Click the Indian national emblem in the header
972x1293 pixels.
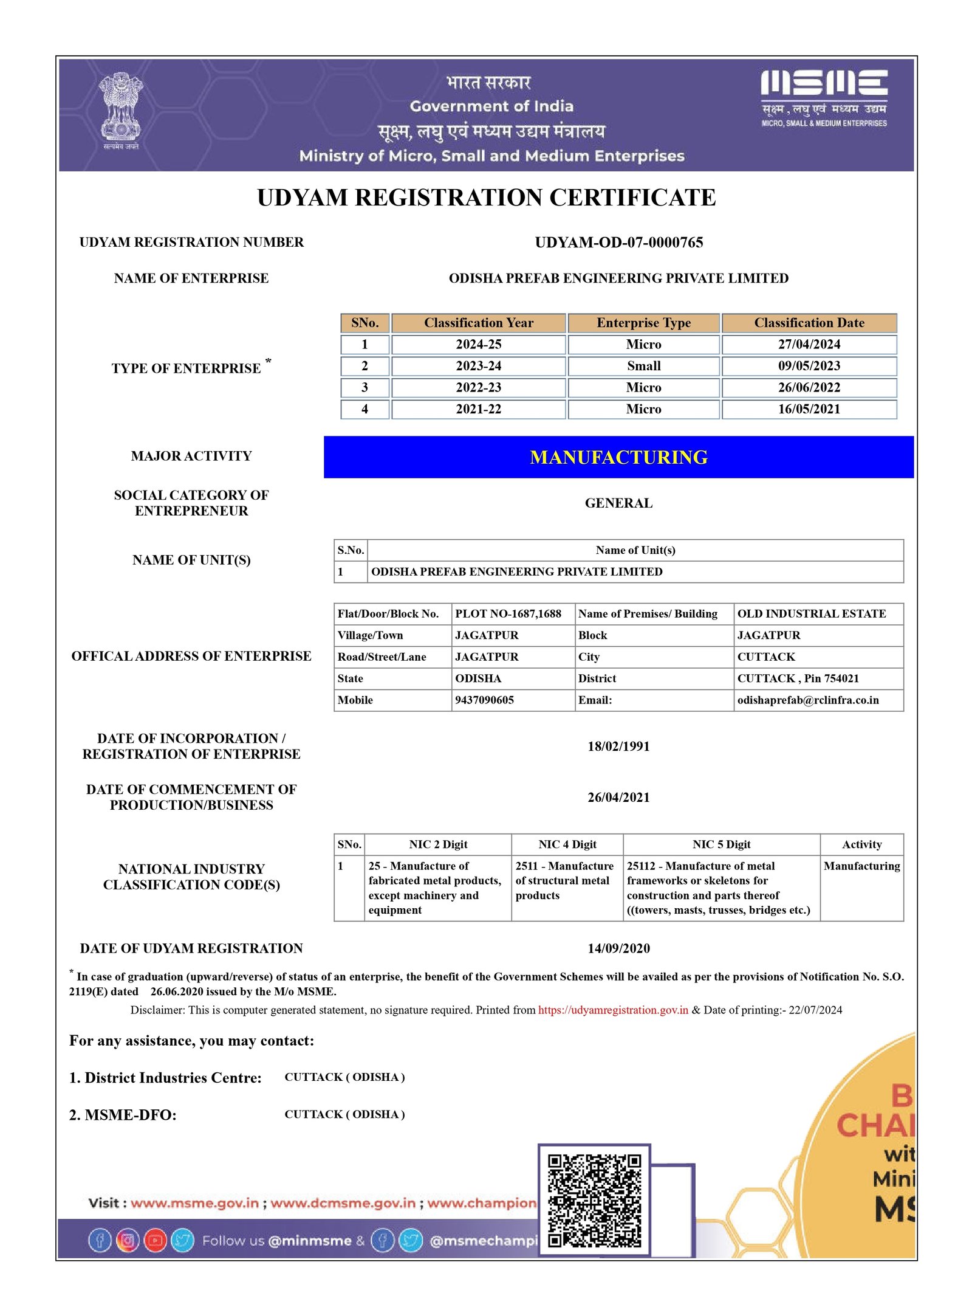(x=121, y=109)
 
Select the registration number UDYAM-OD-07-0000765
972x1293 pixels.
(x=618, y=243)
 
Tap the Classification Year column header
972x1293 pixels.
(x=478, y=323)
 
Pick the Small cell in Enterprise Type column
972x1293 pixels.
(x=643, y=366)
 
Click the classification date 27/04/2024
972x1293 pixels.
(x=809, y=344)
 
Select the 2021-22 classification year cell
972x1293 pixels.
(x=478, y=409)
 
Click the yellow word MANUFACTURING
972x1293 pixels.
(x=618, y=457)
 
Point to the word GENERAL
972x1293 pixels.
(x=618, y=503)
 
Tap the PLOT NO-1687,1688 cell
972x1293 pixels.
(x=508, y=614)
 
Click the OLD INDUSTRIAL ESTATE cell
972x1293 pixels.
(x=811, y=614)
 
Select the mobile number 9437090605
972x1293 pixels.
(x=484, y=700)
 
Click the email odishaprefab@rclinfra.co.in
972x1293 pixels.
(x=807, y=700)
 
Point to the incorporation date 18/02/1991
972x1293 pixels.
(x=618, y=746)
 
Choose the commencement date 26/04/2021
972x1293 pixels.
(x=618, y=798)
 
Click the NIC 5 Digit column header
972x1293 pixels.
(x=721, y=844)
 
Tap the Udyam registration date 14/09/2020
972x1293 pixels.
(x=618, y=948)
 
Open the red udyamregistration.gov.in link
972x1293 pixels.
(x=613, y=1010)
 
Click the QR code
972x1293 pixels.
(x=594, y=1201)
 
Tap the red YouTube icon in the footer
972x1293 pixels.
(x=155, y=1240)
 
